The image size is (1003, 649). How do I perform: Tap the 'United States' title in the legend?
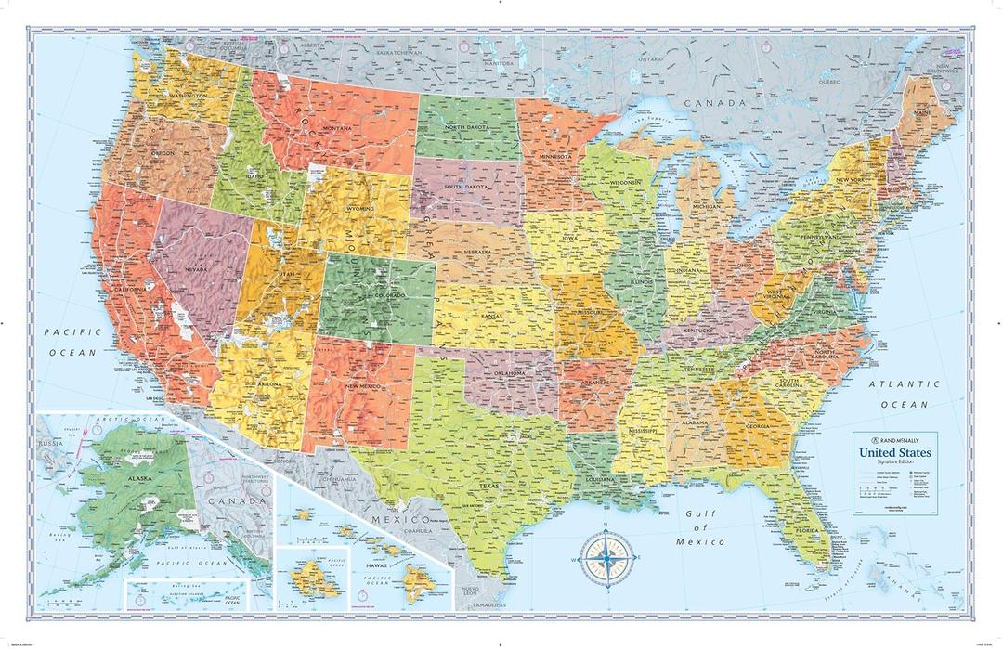896,452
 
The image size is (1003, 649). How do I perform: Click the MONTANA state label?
336,128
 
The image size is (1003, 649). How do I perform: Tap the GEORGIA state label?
755,425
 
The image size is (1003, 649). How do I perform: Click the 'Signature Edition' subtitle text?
896,461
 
